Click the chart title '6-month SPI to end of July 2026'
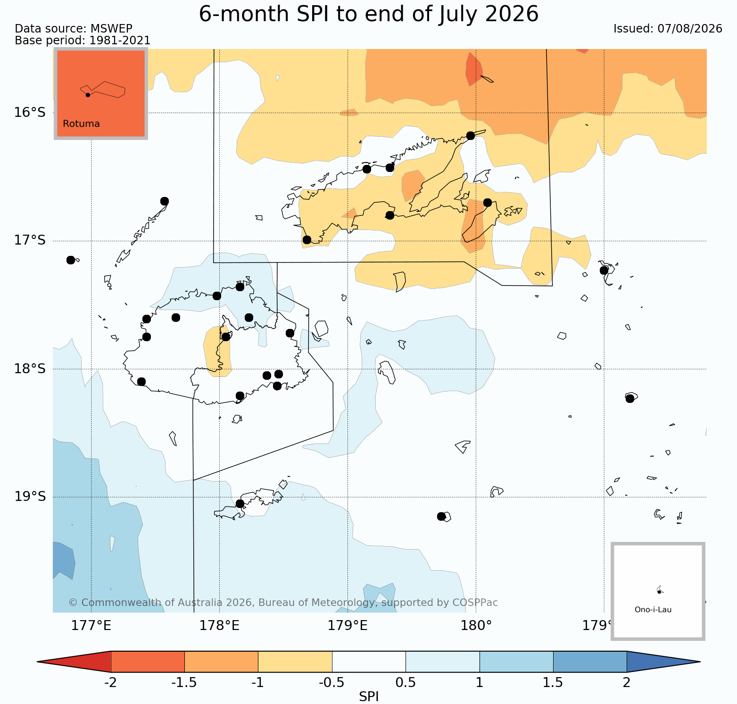[x=369, y=14]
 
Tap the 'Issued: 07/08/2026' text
[x=668, y=29]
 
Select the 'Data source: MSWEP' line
[x=74, y=29]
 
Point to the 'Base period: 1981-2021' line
[x=83, y=41]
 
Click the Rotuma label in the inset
[x=81, y=124]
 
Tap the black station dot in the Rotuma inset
[x=88, y=95]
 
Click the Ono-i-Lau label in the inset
[x=653, y=610]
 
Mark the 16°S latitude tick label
[x=30, y=113]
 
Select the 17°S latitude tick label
[x=30, y=241]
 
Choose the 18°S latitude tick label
[x=30, y=369]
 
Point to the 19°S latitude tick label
[x=30, y=497]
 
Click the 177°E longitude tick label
[x=91, y=626]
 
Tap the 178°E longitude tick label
[x=220, y=626]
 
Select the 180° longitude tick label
[x=476, y=626]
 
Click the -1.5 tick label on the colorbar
[x=184, y=683]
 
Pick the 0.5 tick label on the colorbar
[x=406, y=683]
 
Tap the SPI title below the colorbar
[x=369, y=696]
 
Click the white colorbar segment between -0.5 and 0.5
[x=369, y=662]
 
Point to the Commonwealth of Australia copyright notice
[x=283, y=603]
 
